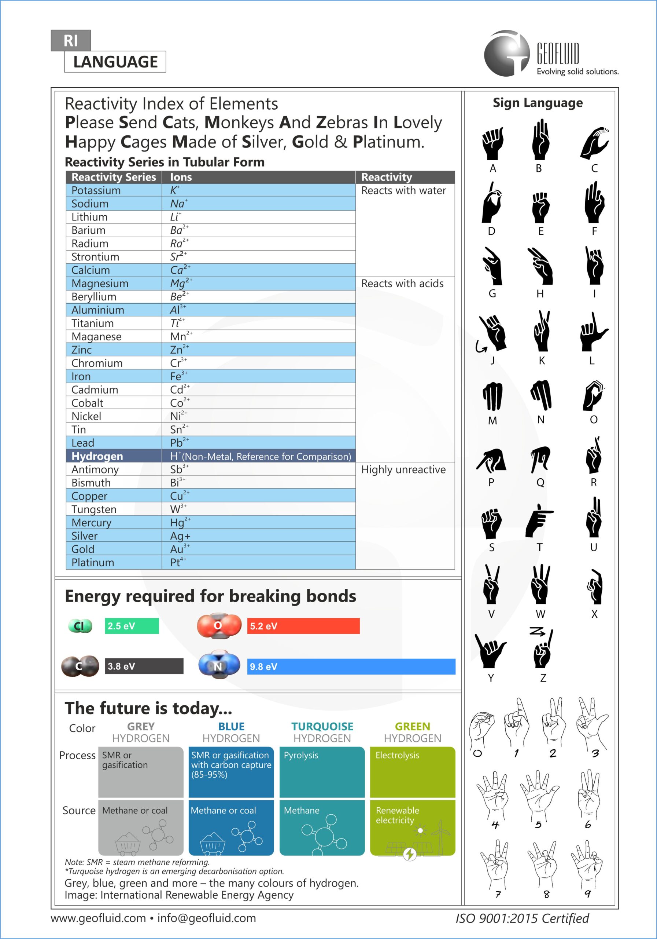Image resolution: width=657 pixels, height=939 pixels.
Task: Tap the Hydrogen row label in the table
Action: coord(97,456)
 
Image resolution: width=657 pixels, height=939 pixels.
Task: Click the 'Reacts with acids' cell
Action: coord(402,284)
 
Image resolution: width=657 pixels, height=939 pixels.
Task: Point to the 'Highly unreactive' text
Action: coord(403,469)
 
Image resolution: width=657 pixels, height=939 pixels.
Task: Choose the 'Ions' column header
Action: coord(181,177)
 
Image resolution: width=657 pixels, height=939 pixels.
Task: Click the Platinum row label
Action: coord(93,562)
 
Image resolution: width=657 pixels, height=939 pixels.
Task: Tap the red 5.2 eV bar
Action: coord(303,626)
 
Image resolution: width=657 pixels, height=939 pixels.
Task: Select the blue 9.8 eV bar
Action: coord(351,666)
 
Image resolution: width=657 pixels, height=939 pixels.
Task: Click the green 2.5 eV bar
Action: coord(132,626)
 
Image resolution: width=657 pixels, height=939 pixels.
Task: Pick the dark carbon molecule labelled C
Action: coord(80,666)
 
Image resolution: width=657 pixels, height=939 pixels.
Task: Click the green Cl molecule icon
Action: coord(80,626)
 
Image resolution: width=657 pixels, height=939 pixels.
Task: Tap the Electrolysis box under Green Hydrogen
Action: coord(412,771)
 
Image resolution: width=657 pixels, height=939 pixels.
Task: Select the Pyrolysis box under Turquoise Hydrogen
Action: coord(322,771)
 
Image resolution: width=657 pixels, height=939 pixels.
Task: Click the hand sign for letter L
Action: coord(593,332)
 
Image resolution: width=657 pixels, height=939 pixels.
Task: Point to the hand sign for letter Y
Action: coord(490,650)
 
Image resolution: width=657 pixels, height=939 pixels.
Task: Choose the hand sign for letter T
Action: coord(539,520)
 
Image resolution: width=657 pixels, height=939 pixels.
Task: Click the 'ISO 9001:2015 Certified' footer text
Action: coord(522,918)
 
